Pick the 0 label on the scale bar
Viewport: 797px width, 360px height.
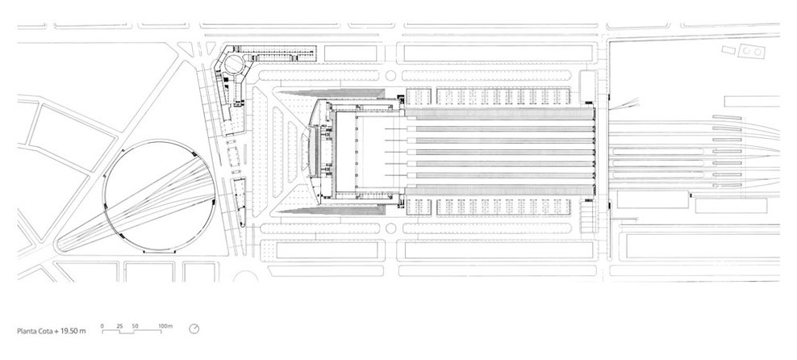click(x=102, y=324)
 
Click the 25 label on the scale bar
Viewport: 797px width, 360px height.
click(x=119, y=324)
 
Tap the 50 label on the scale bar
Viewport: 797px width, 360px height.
click(x=135, y=324)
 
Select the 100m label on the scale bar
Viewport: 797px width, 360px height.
click(x=165, y=324)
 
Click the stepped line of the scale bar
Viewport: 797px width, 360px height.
click(x=134, y=331)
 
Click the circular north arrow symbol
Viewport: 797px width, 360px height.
click(x=194, y=329)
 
